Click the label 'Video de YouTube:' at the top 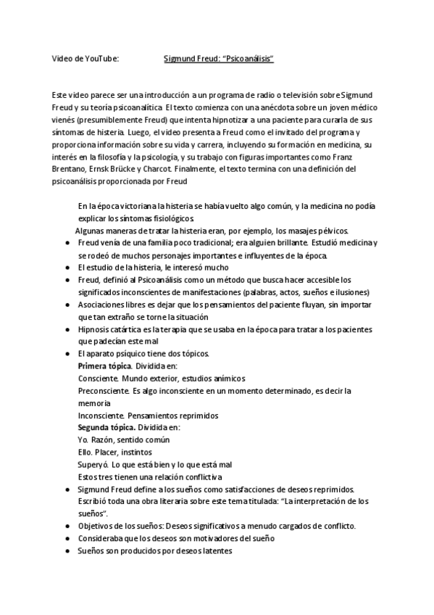click(85, 58)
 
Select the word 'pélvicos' click(333, 231)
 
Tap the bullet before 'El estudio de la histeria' click(68, 268)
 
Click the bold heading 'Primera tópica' click(104, 366)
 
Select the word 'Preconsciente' click(104, 390)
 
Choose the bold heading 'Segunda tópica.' click(105, 427)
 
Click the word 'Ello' click(84, 452)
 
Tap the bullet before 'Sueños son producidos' click(68, 550)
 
